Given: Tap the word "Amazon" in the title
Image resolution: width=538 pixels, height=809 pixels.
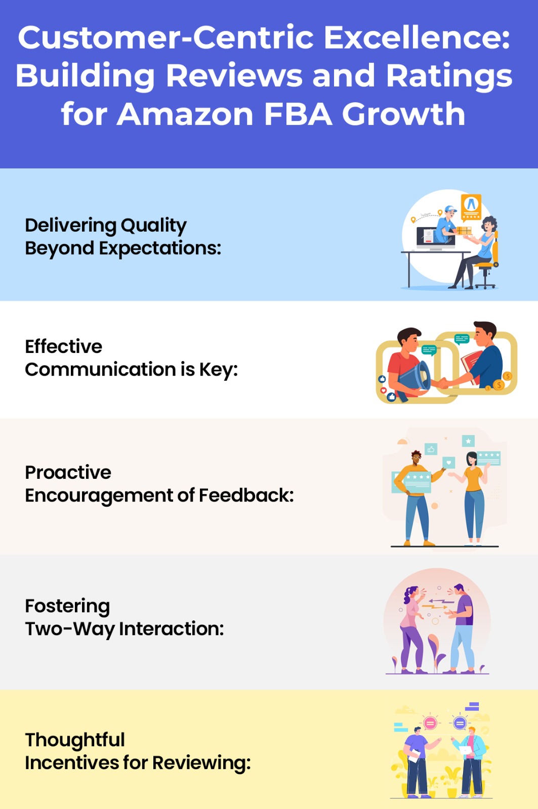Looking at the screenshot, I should coord(185,114).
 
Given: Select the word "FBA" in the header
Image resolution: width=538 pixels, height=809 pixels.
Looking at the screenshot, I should coord(298,114).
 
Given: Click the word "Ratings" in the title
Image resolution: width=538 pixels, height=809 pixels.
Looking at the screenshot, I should coord(449,76).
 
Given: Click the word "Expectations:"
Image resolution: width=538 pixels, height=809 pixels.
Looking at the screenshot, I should coord(160,248).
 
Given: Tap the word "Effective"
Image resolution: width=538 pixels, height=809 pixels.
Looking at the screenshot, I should coord(64,346).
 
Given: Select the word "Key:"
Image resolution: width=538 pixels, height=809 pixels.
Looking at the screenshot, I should coord(218,370).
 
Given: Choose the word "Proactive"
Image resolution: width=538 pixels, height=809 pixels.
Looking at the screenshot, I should coord(68,472).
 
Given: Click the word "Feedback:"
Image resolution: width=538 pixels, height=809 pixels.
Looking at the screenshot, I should coord(246,496).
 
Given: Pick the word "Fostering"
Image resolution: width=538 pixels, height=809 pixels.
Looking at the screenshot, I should coord(67,606).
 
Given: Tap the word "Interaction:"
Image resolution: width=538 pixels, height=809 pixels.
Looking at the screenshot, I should coord(171,629).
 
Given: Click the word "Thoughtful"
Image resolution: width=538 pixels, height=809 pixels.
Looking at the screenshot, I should coord(75,740).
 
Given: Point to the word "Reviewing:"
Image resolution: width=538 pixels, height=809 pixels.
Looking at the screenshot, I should coord(201,763).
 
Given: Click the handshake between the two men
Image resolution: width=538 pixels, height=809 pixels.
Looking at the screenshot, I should coord(445,383).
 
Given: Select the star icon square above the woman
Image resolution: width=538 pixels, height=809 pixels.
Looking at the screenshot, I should coord(468,441).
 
